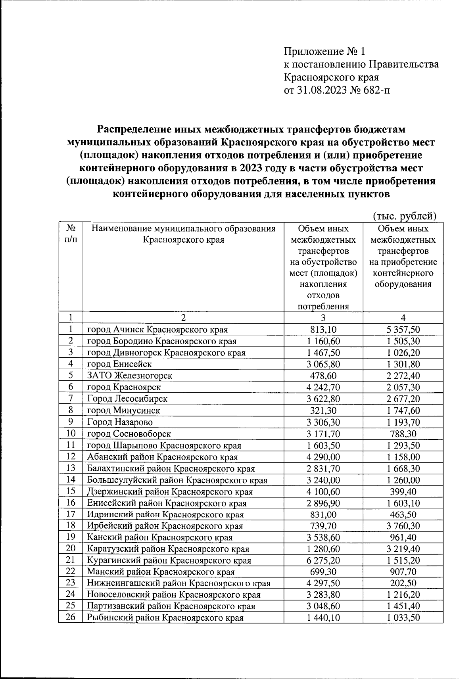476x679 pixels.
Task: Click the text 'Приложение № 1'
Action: click(x=324, y=52)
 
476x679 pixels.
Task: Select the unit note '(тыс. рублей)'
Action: click(x=405, y=216)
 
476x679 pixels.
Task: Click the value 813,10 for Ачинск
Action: click(x=323, y=330)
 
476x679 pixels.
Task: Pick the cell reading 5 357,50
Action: click(x=403, y=330)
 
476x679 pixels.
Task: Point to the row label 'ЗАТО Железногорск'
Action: click(x=130, y=376)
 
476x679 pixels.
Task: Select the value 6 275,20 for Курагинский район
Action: click(x=323, y=560)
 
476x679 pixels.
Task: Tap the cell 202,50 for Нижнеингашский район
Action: click(x=403, y=583)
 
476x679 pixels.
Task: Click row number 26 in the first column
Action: click(x=70, y=618)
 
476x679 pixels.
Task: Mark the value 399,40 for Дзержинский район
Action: click(x=403, y=491)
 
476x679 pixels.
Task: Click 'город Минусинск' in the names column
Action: click(x=124, y=410)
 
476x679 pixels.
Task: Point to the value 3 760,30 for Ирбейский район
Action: click(x=403, y=526)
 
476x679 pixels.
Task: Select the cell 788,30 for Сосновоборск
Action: click(x=403, y=433)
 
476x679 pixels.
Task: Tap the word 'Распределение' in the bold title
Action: click(x=133, y=130)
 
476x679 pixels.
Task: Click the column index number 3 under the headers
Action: click(x=323, y=318)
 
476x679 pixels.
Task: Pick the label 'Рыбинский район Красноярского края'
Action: click(x=165, y=618)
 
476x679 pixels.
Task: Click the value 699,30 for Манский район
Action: click(x=323, y=572)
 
